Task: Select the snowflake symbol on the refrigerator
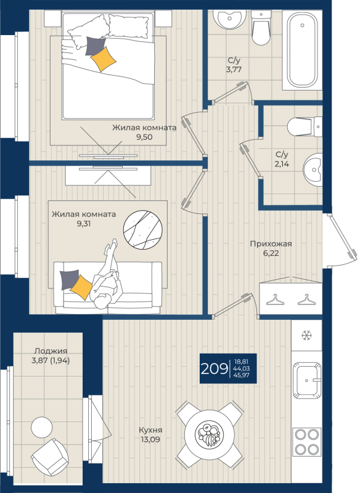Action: (x=306, y=335)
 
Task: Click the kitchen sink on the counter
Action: (x=307, y=380)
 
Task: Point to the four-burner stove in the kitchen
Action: (x=307, y=442)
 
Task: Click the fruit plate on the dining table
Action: (x=209, y=434)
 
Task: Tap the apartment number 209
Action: (x=214, y=369)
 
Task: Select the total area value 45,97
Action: (x=242, y=375)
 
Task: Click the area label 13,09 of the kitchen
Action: (x=150, y=439)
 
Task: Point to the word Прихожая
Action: (x=271, y=243)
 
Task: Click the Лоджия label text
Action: (x=51, y=351)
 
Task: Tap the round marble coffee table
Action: (x=143, y=230)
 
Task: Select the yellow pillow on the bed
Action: (x=104, y=59)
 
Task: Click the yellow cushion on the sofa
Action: (x=81, y=287)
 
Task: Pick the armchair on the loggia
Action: (x=50, y=457)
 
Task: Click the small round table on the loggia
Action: (x=42, y=427)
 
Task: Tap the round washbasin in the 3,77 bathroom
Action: (x=229, y=19)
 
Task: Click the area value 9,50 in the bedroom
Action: (x=144, y=137)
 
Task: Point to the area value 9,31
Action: (x=84, y=224)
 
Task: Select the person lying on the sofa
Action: (x=106, y=277)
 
